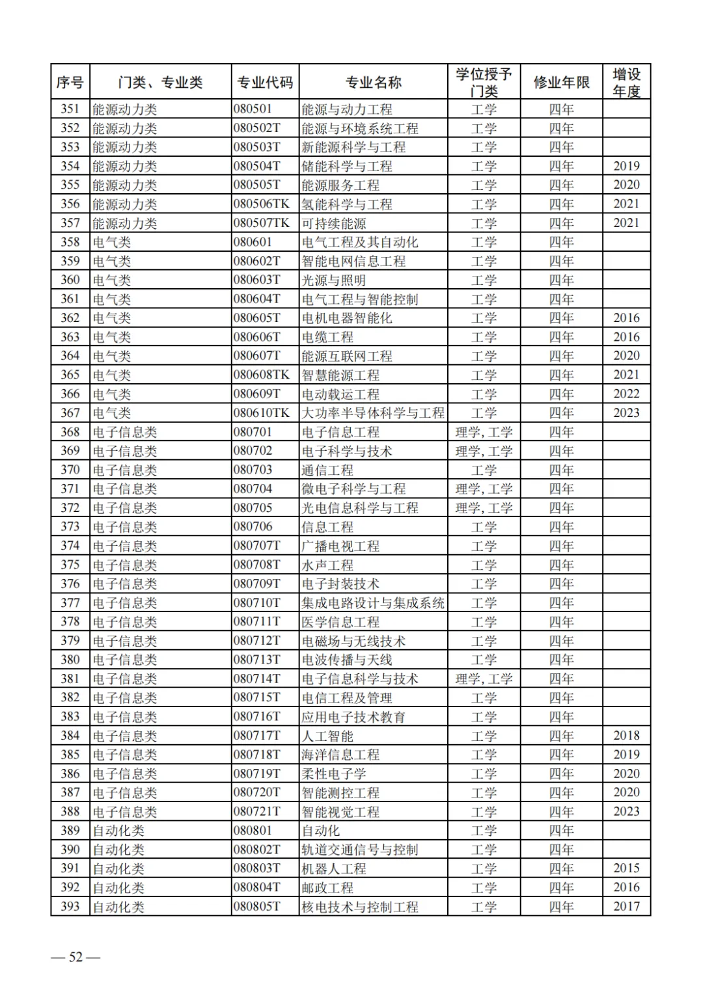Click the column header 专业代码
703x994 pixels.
(x=265, y=83)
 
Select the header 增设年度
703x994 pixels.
(x=626, y=83)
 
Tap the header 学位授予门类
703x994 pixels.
(x=484, y=83)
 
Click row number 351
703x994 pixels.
(x=70, y=109)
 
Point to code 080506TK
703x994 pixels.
(x=262, y=204)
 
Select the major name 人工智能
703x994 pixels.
(x=327, y=736)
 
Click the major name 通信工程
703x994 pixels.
(x=327, y=470)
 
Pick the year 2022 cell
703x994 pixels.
(x=626, y=394)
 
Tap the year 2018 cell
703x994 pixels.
(x=626, y=736)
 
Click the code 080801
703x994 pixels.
(x=253, y=831)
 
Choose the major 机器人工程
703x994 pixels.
(x=334, y=868)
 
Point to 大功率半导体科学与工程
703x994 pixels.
(x=373, y=413)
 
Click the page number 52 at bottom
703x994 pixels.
(x=76, y=957)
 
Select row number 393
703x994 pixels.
(x=70, y=906)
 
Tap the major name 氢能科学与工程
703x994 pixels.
(x=347, y=204)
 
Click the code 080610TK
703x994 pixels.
(x=262, y=413)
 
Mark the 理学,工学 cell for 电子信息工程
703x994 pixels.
(x=484, y=432)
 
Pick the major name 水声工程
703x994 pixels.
(x=327, y=565)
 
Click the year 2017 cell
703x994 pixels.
(x=626, y=906)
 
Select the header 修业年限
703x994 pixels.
(x=561, y=83)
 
